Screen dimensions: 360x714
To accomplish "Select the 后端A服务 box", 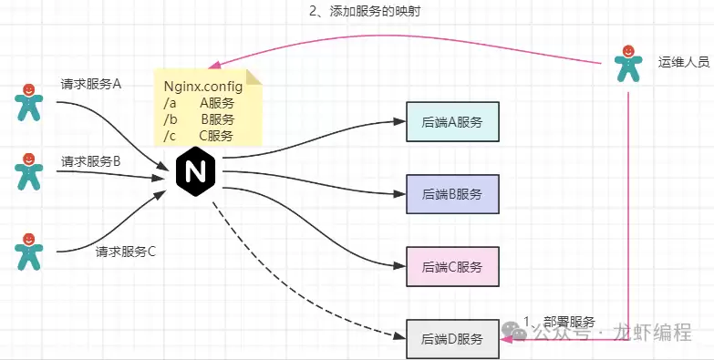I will point(452,121).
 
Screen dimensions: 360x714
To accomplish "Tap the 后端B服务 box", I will point(452,193).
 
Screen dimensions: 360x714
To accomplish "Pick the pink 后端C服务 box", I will point(452,266).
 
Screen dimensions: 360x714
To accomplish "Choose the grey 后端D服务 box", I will point(452,339).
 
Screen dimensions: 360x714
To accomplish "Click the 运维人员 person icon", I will point(626,63).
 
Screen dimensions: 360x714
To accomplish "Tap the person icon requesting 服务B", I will point(29,170).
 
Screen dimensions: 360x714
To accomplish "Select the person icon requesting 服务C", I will point(29,250).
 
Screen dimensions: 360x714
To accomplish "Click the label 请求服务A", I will point(91,84).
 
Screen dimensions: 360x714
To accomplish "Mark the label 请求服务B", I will point(91,161).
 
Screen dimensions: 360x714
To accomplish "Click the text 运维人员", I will point(683,61).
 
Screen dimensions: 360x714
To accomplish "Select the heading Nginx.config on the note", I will point(203,87).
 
